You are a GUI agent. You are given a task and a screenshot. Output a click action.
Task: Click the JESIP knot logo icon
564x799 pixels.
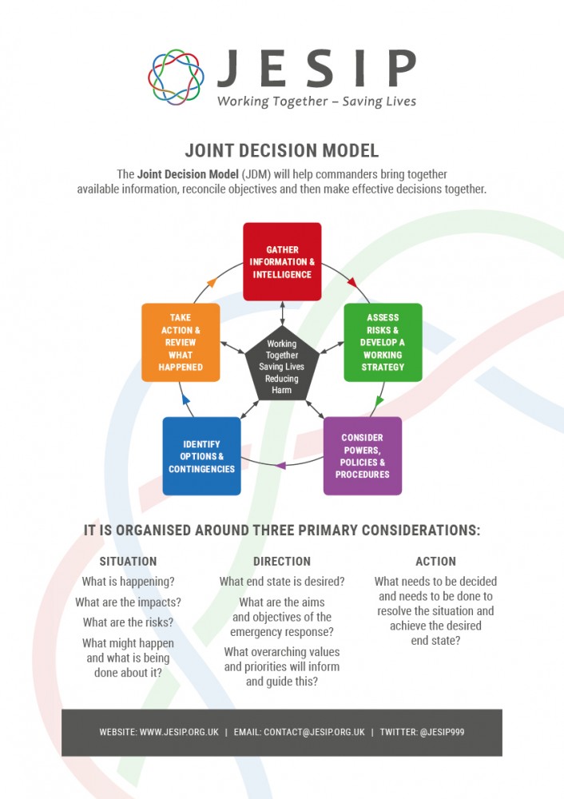pyautogui.click(x=176, y=77)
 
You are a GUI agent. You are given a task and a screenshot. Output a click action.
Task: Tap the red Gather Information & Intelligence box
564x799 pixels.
pyautogui.click(x=282, y=261)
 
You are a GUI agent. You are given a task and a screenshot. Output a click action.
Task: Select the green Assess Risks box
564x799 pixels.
pyautogui.click(x=383, y=342)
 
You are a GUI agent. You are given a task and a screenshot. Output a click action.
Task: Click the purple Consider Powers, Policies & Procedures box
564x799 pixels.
pyautogui.click(x=362, y=455)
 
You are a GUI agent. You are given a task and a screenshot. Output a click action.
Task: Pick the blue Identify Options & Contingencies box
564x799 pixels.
pyautogui.click(x=201, y=455)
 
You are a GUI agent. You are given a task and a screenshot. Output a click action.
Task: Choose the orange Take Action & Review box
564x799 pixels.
pyautogui.click(x=181, y=342)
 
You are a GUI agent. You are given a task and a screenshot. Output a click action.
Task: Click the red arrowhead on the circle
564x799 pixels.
pyautogui.click(x=352, y=282)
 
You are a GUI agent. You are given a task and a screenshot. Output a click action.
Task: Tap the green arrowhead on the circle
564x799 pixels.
pyautogui.click(x=378, y=400)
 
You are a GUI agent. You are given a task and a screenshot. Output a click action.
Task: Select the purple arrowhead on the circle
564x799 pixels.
pyautogui.click(x=280, y=465)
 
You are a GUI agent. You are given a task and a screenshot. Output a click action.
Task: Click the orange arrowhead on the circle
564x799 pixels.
pyautogui.click(x=212, y=282)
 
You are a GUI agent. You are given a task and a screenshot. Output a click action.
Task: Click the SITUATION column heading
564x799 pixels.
pyautogui.click(x=128, y=561)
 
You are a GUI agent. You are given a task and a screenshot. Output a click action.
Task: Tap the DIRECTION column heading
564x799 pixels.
pyautogui.click(x=282, y=561)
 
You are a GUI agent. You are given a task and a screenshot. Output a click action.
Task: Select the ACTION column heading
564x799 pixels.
pyautogui.click(x=435, y=561)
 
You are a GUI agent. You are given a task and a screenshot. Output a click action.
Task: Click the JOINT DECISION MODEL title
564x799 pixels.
pyautogui.click(x=282, y=150)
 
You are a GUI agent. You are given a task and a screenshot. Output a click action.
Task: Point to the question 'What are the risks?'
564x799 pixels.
pyautogui.click(x=128, y=622)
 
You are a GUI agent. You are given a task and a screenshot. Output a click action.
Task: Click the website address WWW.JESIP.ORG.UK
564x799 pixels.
pyautogui.click(x=179, y=732)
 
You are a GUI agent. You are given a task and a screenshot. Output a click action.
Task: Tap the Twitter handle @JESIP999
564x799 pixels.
pyautogui.click(x=442, y=732)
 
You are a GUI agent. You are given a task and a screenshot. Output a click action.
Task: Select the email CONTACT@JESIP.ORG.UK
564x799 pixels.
pyautogui.click(x=314, y=732)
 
